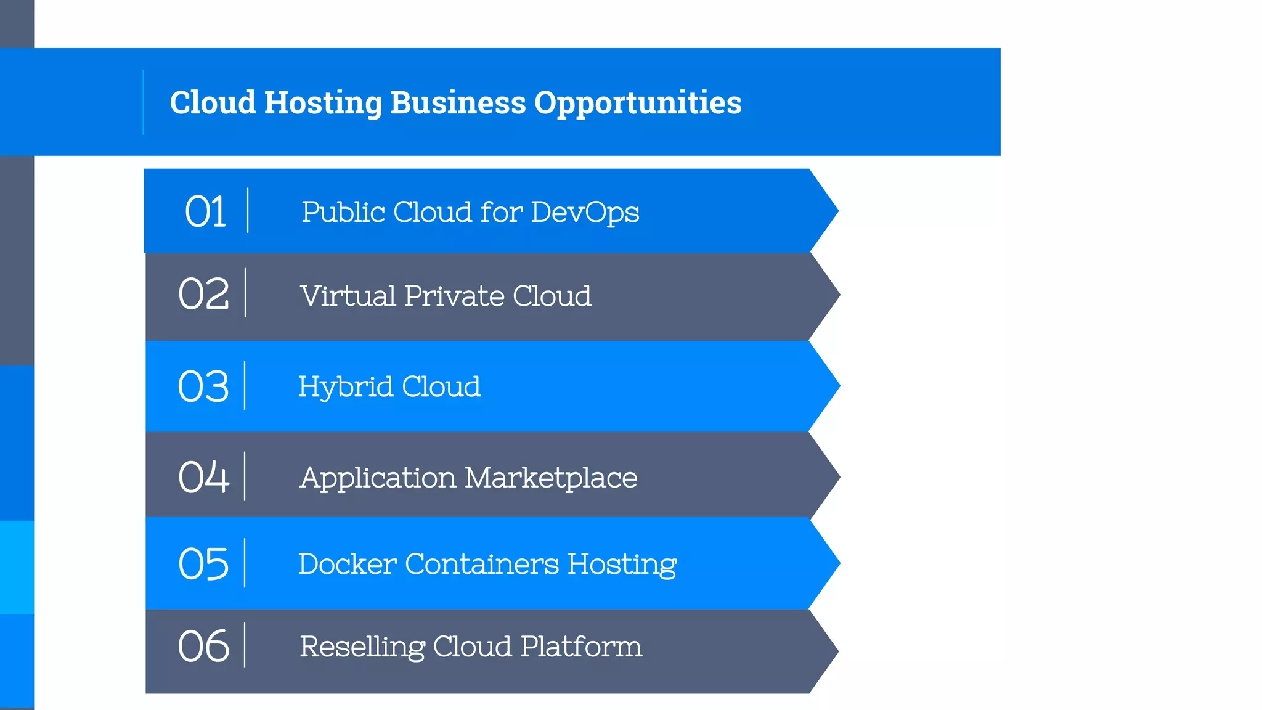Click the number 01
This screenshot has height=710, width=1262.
coord(205,212)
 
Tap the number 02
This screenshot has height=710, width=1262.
coord(203,294)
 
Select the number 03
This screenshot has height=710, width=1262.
coord(203,387)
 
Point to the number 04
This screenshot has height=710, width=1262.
coord(203,477)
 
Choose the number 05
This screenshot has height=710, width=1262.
coord(203,564)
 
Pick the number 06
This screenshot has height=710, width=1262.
coord(203,647)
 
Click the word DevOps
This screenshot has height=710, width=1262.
coord(585,213)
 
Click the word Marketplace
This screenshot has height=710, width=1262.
coord(551,478)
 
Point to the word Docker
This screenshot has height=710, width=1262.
coord(347,564)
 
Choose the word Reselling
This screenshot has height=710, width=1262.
coord(362,647)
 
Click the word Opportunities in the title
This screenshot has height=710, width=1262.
coord(638,103)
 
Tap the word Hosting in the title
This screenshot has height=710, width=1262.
coord(323,103)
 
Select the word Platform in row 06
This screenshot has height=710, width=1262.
coord(581,647)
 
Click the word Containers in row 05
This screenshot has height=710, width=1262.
coord(482,564)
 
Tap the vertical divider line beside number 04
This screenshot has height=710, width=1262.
coord(245,476)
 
